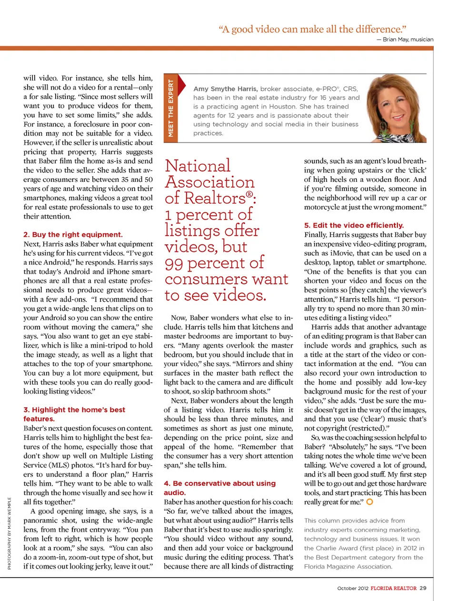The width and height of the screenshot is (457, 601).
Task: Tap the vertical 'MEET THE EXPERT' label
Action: [x=170, y=108]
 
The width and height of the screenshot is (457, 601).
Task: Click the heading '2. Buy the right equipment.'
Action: [x=73, y=234]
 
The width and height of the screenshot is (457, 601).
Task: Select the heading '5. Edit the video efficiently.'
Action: [x=354, y=225]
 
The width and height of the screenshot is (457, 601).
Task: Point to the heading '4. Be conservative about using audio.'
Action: [x=219, y=488]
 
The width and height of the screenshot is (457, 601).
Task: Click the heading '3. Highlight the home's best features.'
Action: [x=74, y=414]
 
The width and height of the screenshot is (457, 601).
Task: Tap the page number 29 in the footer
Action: [x=423, y=588]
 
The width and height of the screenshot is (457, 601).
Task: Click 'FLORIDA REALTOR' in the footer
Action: [x=393, y=588]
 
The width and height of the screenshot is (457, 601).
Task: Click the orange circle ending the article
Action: [x=369, y=501]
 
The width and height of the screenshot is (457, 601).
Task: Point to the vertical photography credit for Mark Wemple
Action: [x=9, y=533]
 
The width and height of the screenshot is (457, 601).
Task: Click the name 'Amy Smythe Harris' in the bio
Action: [x=225, y=89]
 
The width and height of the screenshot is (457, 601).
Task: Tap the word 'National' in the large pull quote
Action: [x=198, y=166]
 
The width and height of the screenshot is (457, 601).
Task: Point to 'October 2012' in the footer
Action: [x=352, y=588]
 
